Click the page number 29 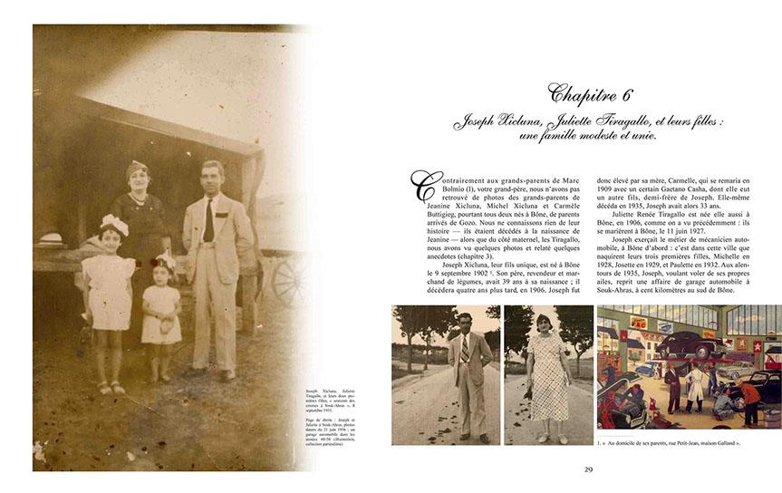pyautogui.click(x=588, y=469)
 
